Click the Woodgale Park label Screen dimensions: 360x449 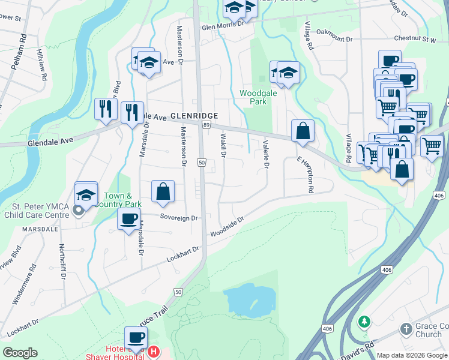coord(256,98)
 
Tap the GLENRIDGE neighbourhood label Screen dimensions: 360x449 coord(192,116)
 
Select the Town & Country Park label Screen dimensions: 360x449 coord(118,200)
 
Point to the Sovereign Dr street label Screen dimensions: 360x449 coord(179,218)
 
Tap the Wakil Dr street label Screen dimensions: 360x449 coord(222,146)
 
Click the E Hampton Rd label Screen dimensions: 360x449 coord(306,175)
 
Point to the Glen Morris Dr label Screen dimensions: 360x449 coord(222,26)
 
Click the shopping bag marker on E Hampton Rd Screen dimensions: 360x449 coord(303,131)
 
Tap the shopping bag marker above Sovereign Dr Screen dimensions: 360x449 coord(163,191)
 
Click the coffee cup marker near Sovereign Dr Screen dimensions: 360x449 coord(129,219)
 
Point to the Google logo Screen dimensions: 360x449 coord(20,353)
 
